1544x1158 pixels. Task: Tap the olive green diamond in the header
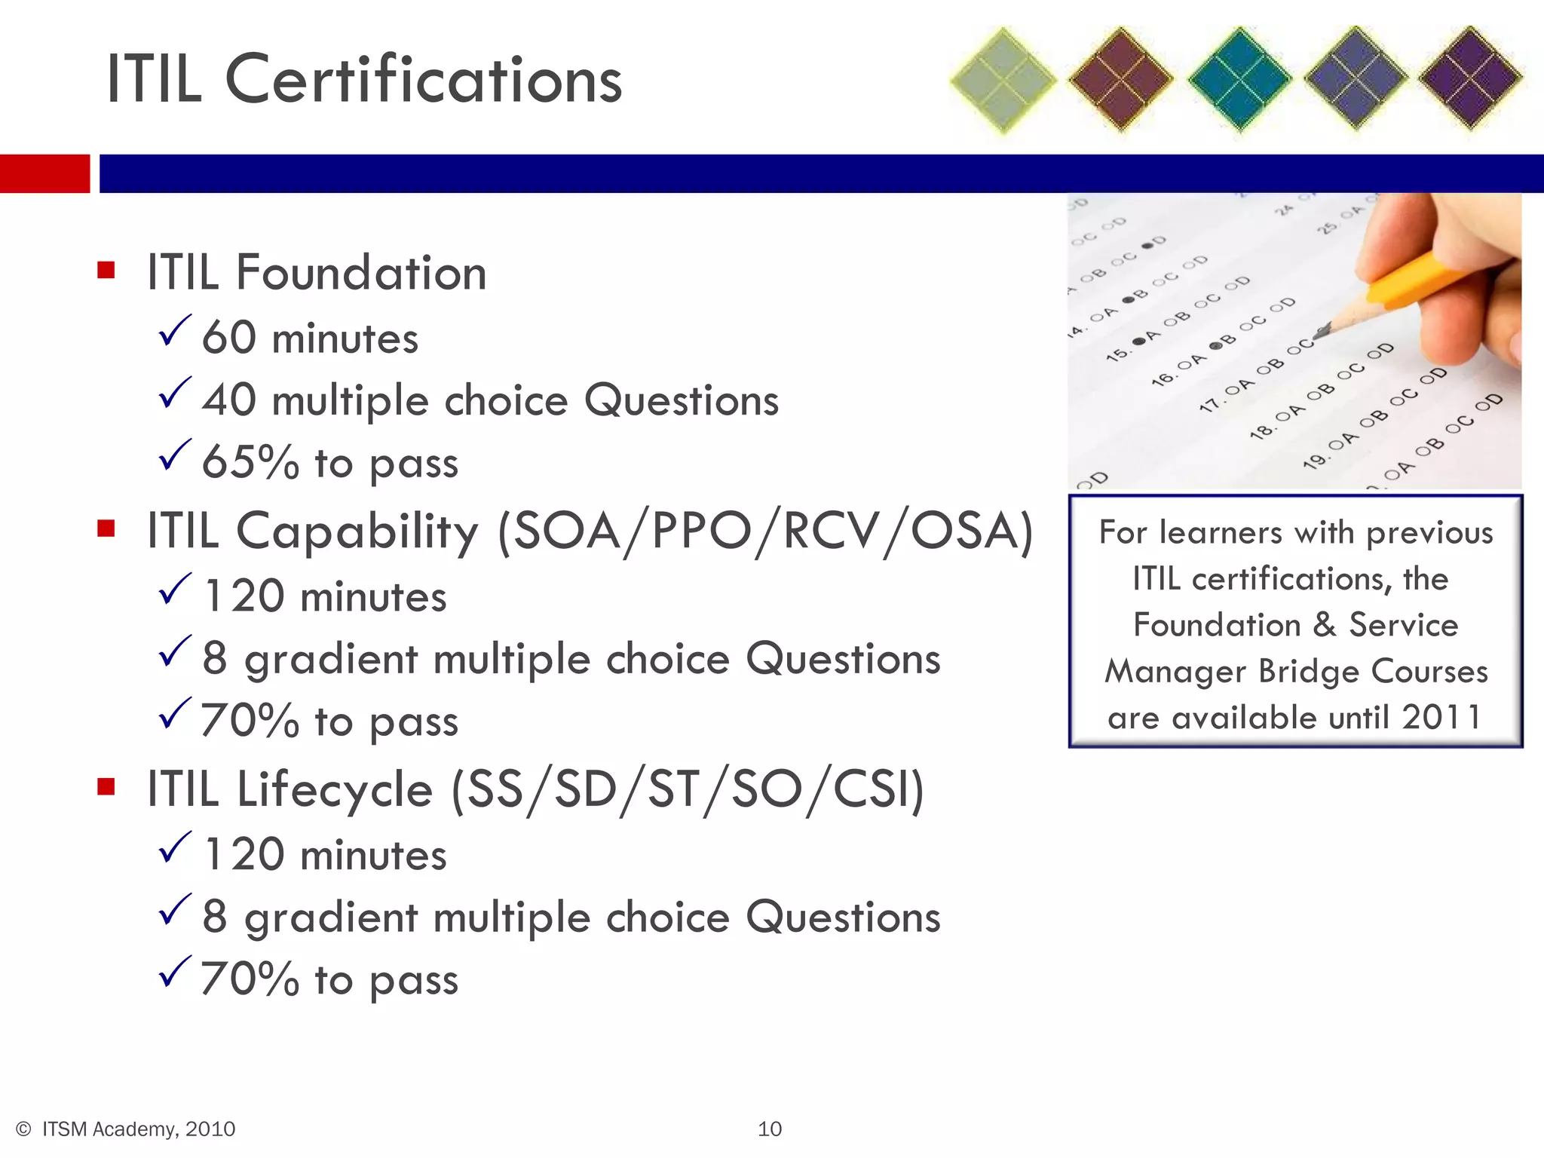coord(1003,80)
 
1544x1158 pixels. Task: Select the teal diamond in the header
coord(1239,79)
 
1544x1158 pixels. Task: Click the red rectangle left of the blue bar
coord(44,173)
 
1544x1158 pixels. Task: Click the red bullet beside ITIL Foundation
coord(106,270)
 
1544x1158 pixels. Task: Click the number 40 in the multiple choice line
coord(229,400)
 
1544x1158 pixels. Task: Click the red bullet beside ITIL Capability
coord(106,528)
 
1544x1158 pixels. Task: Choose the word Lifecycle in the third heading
coord(335,789)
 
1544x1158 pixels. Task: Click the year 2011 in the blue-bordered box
coord(1441,717)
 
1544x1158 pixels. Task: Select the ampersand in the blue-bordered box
coord(1325,625)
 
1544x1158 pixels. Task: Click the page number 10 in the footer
coord(770,1129)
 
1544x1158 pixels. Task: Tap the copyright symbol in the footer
coord(23,1129)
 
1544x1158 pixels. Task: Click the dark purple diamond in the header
coord(1470,78)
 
